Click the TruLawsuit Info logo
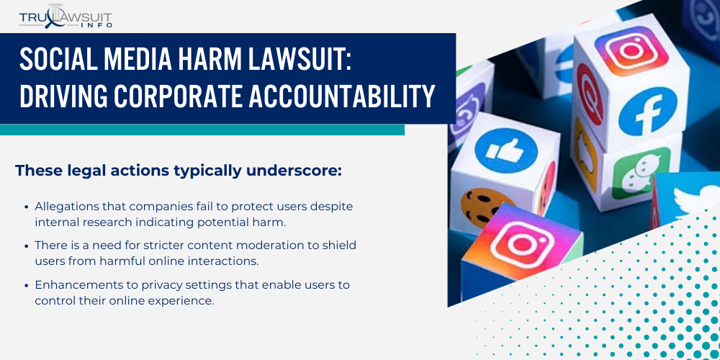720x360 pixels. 65,17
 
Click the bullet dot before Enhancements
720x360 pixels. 27,285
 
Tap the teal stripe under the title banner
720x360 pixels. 202,130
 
